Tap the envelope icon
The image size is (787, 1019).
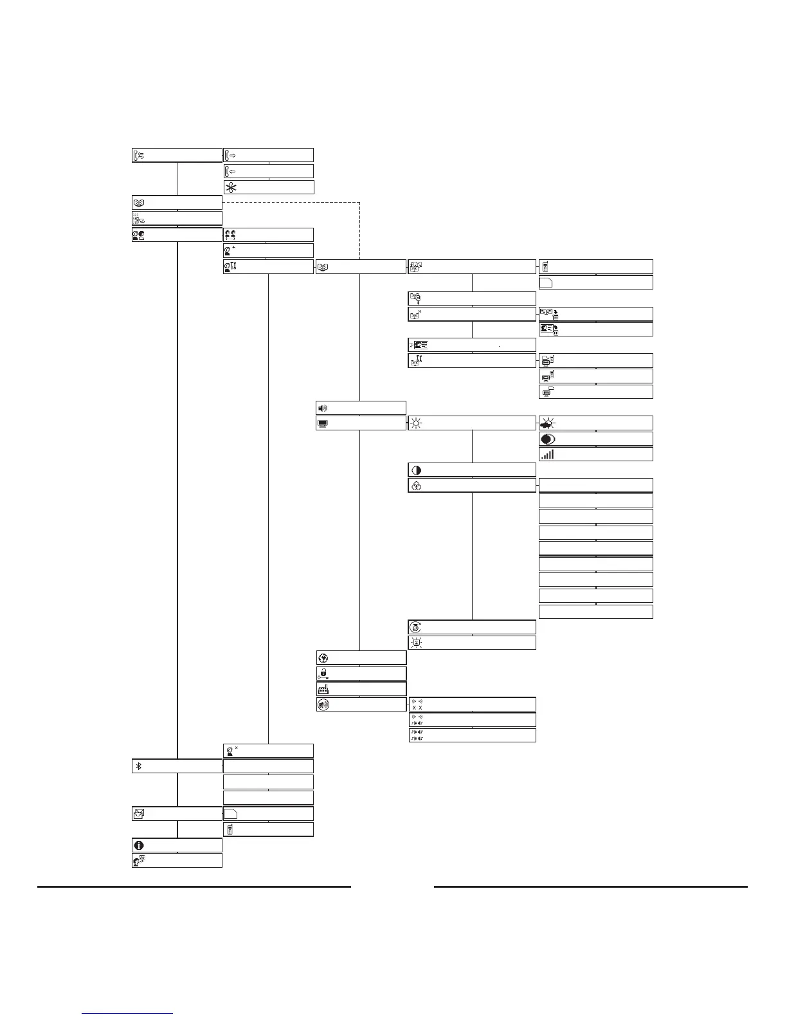(139, 814)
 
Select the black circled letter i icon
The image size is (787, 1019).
(139, 845)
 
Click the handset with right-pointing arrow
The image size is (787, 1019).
(230, 155)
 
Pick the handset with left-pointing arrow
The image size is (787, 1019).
(230, 171)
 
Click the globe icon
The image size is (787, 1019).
(323, 658)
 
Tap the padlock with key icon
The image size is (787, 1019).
(323, 674)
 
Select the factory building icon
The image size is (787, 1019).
(323, 689)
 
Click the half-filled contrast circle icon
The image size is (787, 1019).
(416, 470)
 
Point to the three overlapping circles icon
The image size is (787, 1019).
(416, 486)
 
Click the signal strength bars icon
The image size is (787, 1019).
(547, 454)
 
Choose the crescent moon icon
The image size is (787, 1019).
(547, 439)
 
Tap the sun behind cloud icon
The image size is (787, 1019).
(548, 423)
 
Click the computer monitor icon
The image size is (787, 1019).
(323, 423)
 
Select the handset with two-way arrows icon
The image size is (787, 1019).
(139, 155)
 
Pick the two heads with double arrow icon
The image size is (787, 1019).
(230, 235)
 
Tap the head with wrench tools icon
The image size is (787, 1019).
(230, 266)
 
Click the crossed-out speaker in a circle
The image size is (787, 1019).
(323, 704)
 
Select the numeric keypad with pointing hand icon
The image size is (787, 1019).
(138, 219)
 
